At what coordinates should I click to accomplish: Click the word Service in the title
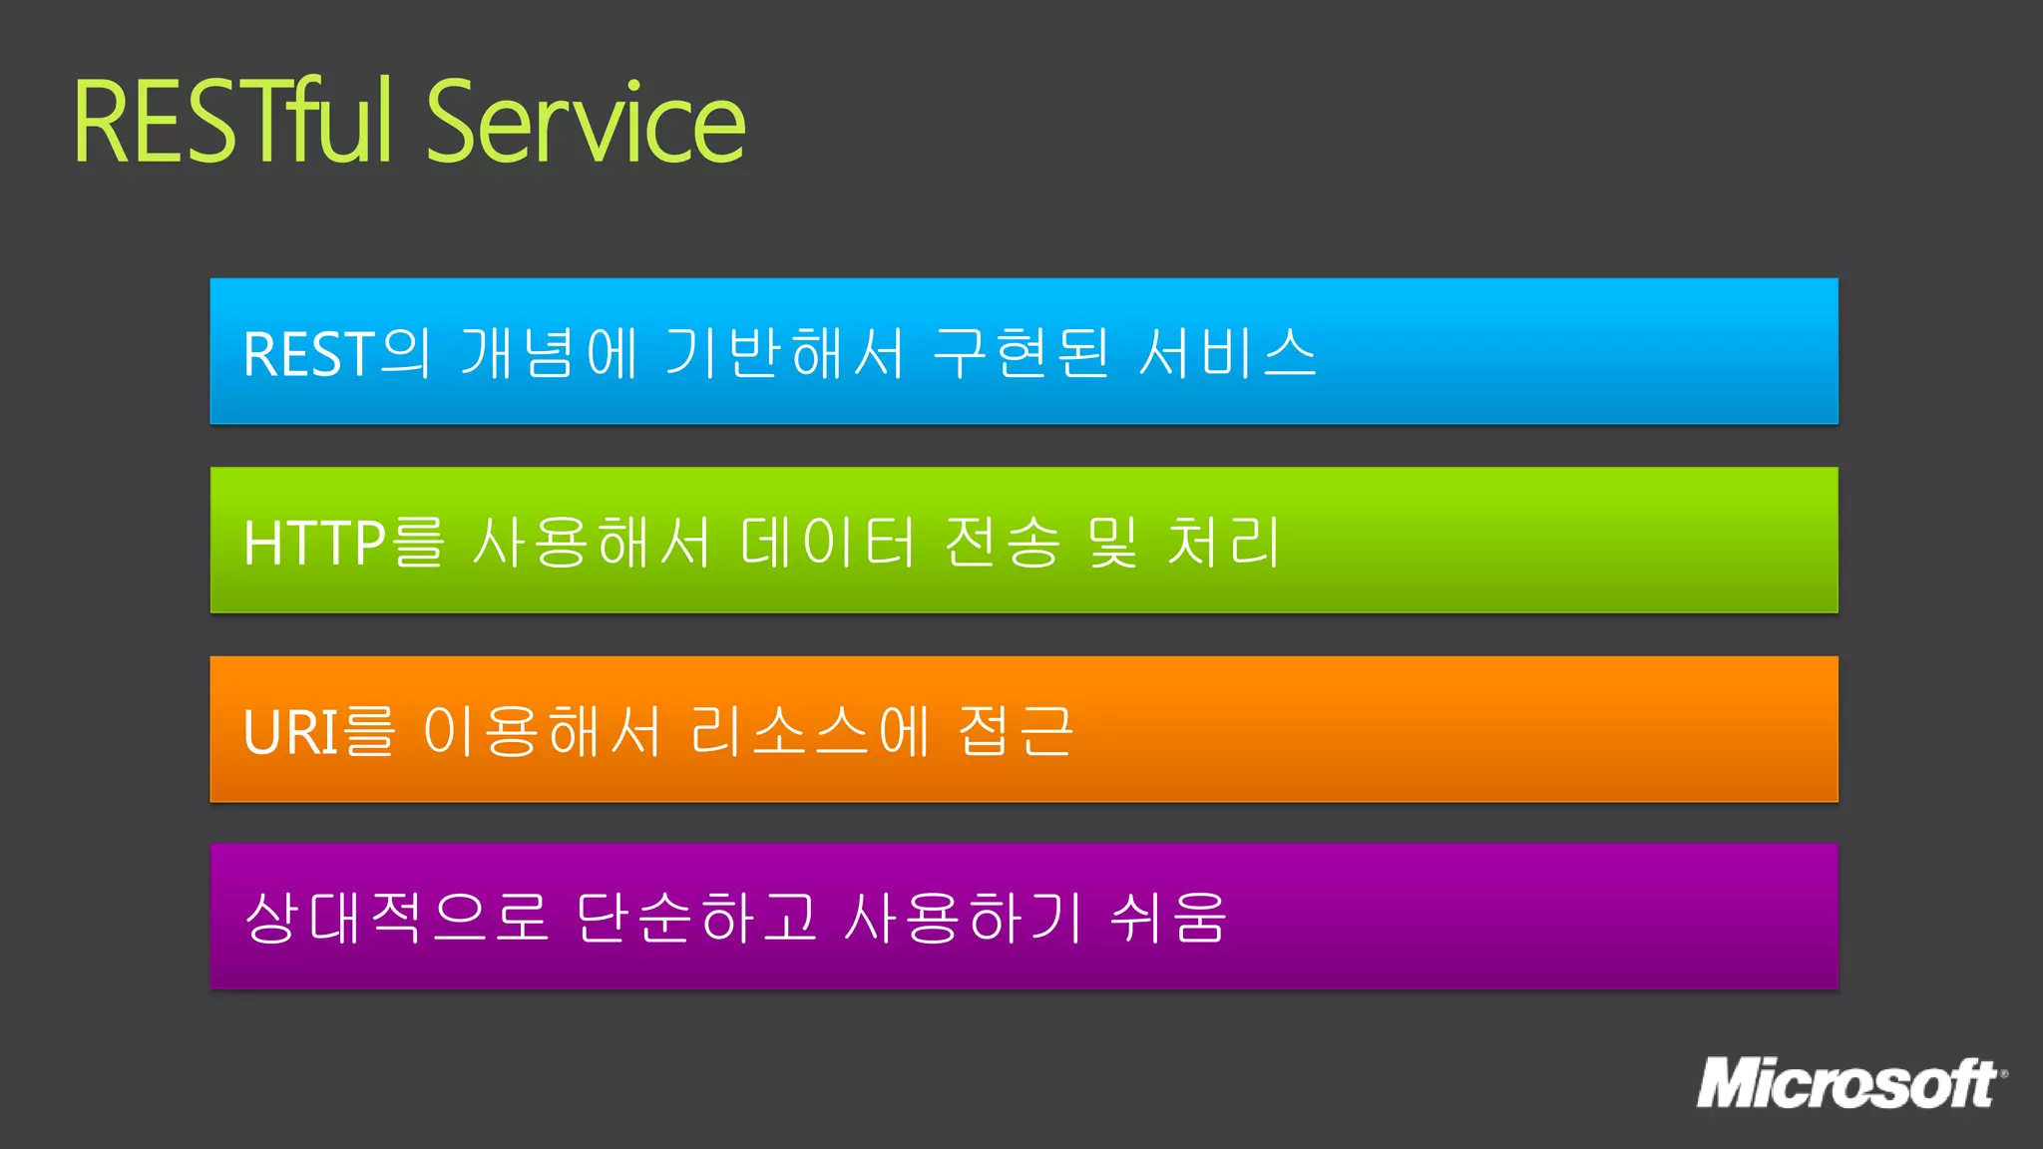tap(587, 122)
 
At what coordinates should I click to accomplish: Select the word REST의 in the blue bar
tap(337, 353)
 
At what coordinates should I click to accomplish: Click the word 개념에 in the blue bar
tap(549, 353)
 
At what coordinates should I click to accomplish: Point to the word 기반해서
tap(784, 353)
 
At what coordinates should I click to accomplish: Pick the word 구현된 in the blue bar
tap(1021, 353)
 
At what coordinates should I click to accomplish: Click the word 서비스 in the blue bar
tap(1228, 353)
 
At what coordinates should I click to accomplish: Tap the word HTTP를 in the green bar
tap(343, 543)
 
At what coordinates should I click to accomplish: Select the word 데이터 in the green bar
tap(827, 543)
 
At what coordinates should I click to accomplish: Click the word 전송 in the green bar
tap(1002, 543)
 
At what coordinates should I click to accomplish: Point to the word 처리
tap(1224, 543)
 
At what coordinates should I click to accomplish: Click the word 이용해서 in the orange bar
tap(542, 731)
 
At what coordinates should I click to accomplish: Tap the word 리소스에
tap(811, 731)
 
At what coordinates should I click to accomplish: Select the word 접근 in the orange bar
tap(1016, 731)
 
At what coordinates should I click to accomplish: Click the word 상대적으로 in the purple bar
tap(396, 918)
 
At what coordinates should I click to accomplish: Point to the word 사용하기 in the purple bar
tap(964, 918)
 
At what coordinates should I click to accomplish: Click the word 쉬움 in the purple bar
tap(1168, 918)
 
